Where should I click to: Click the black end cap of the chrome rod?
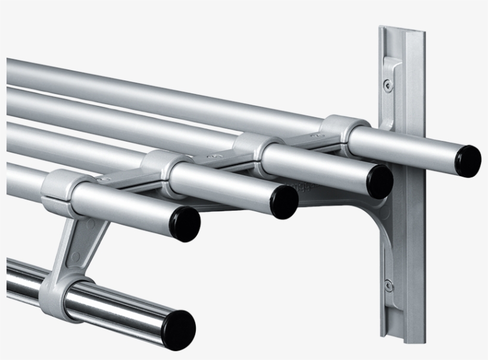coord(180,329)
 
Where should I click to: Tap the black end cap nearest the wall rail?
coord(468,161)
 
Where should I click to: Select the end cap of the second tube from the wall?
coord(379,181)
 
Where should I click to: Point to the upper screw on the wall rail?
coord(389,84)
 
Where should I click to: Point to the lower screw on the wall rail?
coord(388,285)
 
